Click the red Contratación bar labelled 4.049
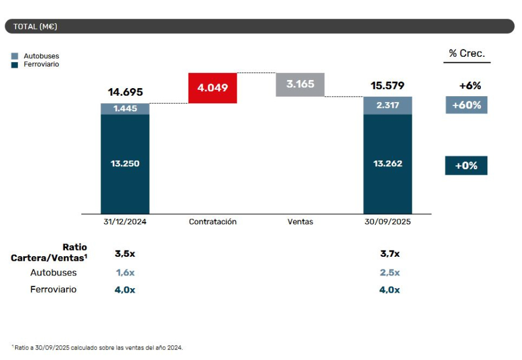[212, 88]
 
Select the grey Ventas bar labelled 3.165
[300, 85]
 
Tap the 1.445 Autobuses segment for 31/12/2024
[125, 109]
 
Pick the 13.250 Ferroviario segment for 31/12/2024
[125, 163]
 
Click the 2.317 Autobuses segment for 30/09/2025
[387, 105]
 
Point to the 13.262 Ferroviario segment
[387, 163]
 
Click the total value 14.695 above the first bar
[125, 92]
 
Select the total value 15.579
[387, 86]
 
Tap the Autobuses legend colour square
[14, 56]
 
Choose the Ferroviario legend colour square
[14, 64]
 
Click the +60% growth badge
[466, 105]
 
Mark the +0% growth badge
[466, 165]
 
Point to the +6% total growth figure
[470, 86]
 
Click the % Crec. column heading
[466, 54]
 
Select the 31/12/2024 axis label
[125, 221]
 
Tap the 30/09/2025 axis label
[387, 221]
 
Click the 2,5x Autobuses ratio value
[389, 272]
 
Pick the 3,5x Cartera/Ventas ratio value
[125, 253]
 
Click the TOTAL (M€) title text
[35, 26]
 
